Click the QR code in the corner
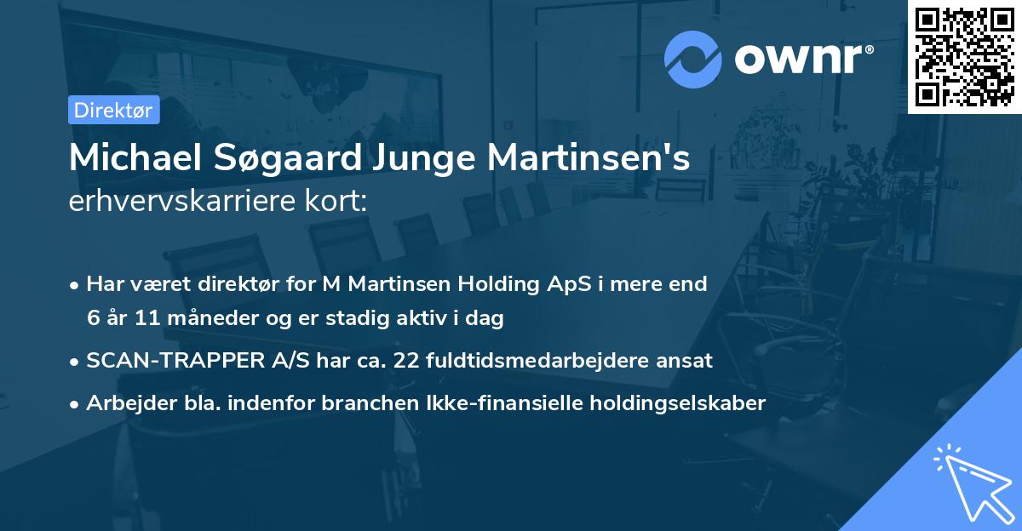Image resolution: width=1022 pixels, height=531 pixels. point(965,56)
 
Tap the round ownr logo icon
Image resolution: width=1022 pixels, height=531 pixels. point(693,59)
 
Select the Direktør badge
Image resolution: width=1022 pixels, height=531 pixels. point(113,110)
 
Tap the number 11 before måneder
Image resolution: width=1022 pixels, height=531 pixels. point(139,318)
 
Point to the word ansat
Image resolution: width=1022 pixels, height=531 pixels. point(686,360)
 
